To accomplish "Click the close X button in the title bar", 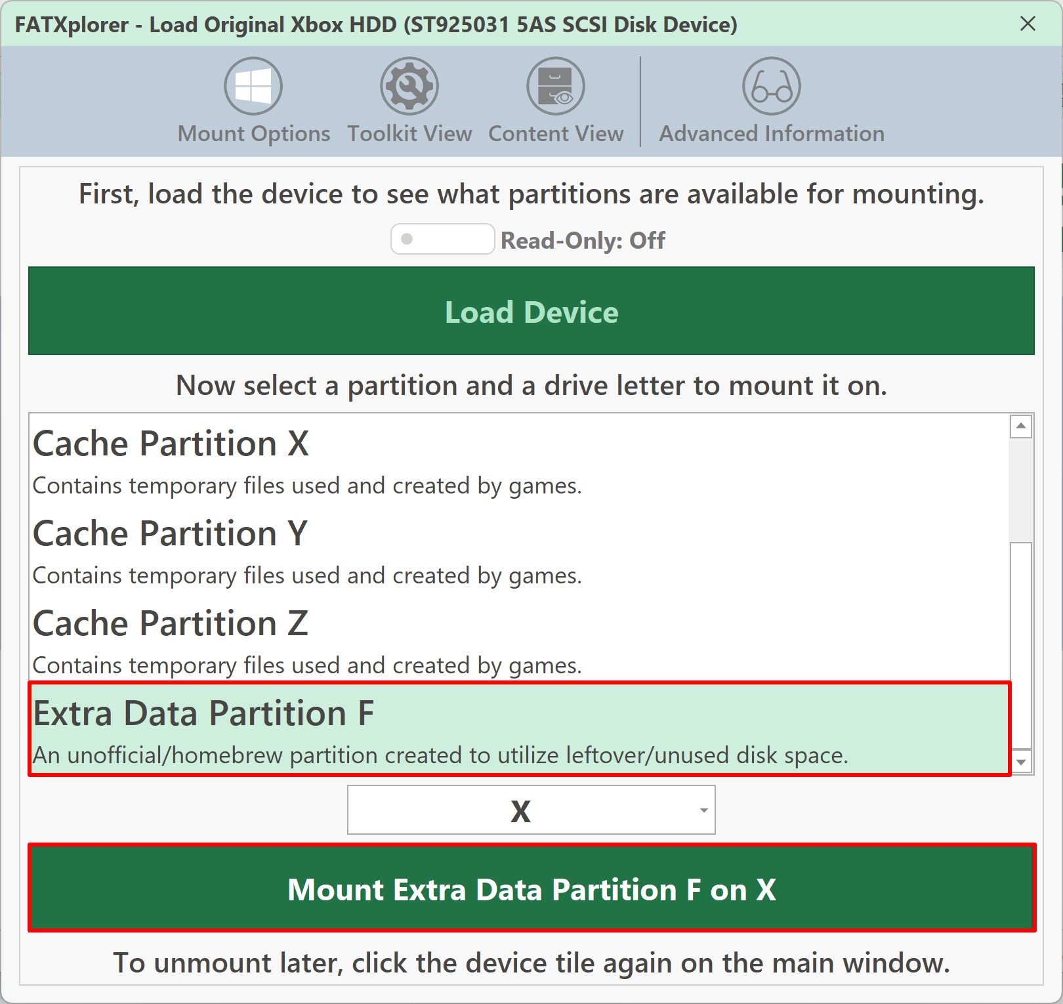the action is (x=1028, y=24).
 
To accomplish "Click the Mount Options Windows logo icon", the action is (x=253, y=86).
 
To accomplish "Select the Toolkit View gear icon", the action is (x=409, y=86).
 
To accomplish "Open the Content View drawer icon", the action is (x=556, y=86).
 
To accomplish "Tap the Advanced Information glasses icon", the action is (x=772, y=86).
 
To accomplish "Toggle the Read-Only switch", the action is (x=442, y=239).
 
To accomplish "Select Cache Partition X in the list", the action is (x=171, y=444).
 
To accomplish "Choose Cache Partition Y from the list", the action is (x=170, y=533).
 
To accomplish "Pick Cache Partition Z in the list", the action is (x=171, y=623).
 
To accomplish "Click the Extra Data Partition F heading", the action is (x=203, y=713).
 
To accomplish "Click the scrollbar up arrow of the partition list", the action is (x=1021, y=427).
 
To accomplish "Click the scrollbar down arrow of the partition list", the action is (x=1021, y=762).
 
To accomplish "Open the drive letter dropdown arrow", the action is (x=703, y=810).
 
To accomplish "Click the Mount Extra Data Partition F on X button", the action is (x=531, y=888).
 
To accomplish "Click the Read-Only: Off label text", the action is (x=583, y=240).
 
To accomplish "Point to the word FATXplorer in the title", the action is (x=72, y=25).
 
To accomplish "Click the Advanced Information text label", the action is (x=772, y=133).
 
